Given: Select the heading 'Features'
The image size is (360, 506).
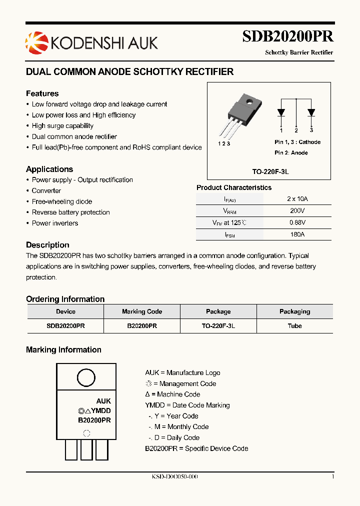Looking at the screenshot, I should (x=42, y=93).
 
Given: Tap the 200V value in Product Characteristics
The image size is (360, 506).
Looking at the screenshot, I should (x=297, y=211).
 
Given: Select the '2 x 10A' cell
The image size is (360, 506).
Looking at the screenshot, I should (x=297, y=199).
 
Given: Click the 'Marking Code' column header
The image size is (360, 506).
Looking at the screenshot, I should (x=142, y=311).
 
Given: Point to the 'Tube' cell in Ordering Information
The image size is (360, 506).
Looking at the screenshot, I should (x=294, y=325).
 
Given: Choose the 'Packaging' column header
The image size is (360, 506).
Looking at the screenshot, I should (x=294, y=311).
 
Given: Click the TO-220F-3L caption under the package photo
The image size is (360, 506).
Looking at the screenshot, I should (x=270, y=171).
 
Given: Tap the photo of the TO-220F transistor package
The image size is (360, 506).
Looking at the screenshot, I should (x=240, y=115).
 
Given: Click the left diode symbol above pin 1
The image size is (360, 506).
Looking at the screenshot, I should (x=281, y=112).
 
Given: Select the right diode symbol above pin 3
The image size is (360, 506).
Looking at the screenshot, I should (x=311, y=112).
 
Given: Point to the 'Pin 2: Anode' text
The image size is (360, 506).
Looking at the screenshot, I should (x=291, y=152).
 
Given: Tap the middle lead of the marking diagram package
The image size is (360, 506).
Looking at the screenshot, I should (x=86, y=449).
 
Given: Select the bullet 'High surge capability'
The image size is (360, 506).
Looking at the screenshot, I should (x=62, y=126).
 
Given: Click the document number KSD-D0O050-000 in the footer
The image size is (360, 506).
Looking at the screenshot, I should (x=174, y=477).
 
